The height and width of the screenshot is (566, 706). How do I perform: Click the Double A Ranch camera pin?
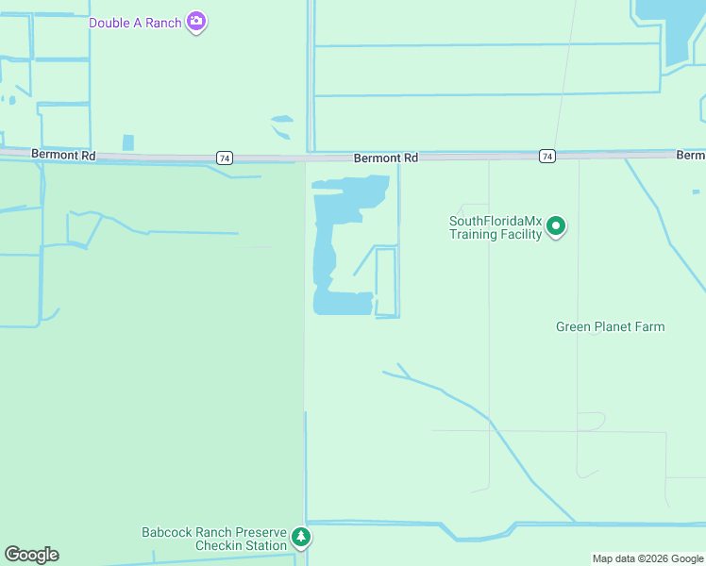point(196,21)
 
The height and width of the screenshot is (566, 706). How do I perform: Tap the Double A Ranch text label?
point(135,23)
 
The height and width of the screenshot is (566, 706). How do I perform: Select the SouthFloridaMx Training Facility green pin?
point(557,226)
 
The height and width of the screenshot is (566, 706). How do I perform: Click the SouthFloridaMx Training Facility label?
point(495,228)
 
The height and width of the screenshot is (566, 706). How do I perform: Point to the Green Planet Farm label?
point(610,327)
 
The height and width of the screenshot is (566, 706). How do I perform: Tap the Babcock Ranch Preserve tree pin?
point(301,538)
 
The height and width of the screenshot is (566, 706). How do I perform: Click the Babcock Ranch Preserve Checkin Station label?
point(214,539)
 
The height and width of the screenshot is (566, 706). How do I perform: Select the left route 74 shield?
point(224,158)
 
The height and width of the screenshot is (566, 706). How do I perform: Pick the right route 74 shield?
point(546,156)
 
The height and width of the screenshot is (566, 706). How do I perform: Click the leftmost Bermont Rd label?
point(63,153)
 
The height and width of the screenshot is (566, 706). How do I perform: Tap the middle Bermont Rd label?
point(386,158)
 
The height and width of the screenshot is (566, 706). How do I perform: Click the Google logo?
point(31,555)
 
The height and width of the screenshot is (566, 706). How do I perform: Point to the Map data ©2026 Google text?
point(647,558)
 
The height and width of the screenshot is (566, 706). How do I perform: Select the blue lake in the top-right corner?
point(670,28)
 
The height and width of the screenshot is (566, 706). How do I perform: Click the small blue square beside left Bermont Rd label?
point(128,142)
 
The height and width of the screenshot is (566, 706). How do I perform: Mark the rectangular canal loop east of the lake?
point(386,282)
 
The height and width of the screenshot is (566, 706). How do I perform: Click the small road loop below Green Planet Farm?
point(591,421)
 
